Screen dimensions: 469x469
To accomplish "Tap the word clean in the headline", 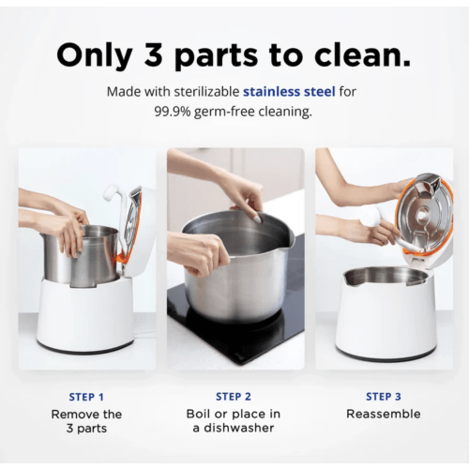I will click(x=358, y=55).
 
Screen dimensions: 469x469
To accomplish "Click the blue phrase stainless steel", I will click(x=290, y=92).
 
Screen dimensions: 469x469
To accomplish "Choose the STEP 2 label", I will click(x=234, y=397).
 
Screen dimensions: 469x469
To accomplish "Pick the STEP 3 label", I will click(x=383, y=397).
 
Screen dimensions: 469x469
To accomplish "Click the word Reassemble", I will click(x=383, y=414).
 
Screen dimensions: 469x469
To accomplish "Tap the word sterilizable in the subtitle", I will click(x=197, y=92).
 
